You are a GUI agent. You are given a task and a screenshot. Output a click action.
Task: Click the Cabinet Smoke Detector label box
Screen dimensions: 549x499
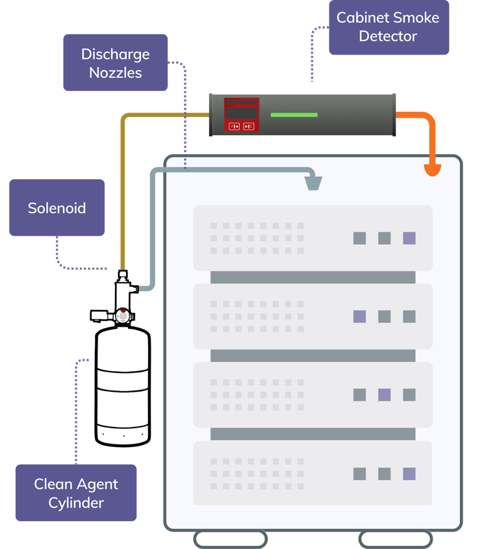(x=388, y=27)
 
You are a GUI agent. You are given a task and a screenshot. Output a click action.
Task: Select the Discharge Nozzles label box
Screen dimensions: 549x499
(x=116, y=63)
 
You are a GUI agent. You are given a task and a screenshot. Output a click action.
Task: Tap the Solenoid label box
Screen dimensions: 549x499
(x=57, y=208)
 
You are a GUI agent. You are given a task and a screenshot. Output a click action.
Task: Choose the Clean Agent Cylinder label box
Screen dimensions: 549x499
(x=76, y=492)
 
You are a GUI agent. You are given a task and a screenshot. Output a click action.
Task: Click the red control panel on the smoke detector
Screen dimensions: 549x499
(x=242, y=115)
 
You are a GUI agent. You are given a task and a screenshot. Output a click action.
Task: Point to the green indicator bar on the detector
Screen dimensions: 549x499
(x=294, y=115)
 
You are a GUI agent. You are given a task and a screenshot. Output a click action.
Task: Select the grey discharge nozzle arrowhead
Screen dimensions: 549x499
(x=314, y=183)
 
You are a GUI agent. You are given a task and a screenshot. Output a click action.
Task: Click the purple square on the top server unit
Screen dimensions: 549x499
(x=409, y=238)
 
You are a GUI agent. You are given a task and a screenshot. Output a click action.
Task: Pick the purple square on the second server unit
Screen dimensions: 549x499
(x=359, y=316)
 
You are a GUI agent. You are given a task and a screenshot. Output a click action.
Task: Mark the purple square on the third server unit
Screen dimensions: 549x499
(x=384, y=394)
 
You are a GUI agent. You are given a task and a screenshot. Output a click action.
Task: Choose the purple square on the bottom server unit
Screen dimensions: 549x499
(x=409, y=474)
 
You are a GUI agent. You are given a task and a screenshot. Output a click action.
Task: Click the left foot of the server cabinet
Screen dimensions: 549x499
(x=231, y=539)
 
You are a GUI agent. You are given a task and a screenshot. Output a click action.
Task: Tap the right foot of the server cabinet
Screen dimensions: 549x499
(x=396, y=539)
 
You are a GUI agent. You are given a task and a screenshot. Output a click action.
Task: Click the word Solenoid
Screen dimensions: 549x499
(x=57, y=208)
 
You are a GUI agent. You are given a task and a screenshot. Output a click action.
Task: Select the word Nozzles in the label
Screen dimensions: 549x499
(x=116, y=72)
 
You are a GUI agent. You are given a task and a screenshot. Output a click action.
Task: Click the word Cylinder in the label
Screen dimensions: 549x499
(x=76, y=502)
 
